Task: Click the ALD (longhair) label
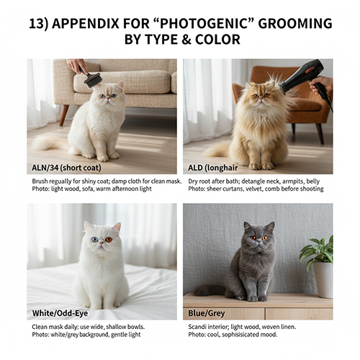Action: point(214,168)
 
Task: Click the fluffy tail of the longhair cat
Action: point(218,149)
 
